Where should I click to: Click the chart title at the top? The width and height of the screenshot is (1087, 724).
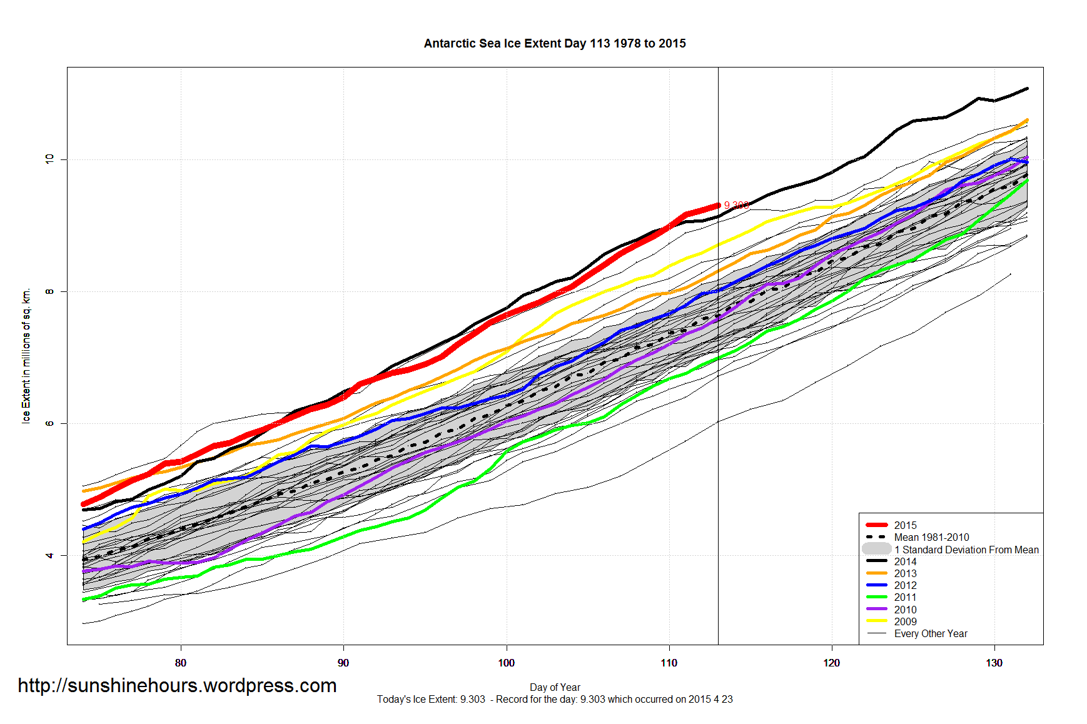(x=555, y=44)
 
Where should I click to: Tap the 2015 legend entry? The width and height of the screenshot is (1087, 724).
(x=905, y=525)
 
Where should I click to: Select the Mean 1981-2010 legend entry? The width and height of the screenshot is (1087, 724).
(x=931, y=537)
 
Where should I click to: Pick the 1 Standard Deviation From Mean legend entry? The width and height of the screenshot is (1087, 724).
(x=966, y=550)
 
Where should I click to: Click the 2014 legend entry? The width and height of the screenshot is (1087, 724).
(x=905, y=561)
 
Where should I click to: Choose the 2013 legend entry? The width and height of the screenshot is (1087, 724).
(x=905, y=573)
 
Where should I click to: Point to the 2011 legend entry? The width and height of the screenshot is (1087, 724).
(x=905, y=597)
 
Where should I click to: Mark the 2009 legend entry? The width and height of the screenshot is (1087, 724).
(x=905, y=621)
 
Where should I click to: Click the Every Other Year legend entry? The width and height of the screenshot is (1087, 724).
(x=930, y=633)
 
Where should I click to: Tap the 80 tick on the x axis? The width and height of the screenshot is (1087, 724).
(x=181, y=663)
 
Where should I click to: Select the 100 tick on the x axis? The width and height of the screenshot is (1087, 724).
(x=506, y=663)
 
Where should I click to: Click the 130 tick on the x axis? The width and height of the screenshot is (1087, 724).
(x=994, y=663)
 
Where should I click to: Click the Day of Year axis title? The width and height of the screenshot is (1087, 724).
(x=555, y=687)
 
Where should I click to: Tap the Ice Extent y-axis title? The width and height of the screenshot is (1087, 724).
(x=26, y=356)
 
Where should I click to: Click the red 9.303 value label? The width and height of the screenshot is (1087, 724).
(x=736, y=205)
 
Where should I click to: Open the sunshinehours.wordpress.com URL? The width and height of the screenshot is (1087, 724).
(x=177, y=686)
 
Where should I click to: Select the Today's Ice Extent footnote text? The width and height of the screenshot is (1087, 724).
(x=555, y=699)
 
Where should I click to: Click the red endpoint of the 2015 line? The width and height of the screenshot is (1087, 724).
(x=718, y=205)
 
